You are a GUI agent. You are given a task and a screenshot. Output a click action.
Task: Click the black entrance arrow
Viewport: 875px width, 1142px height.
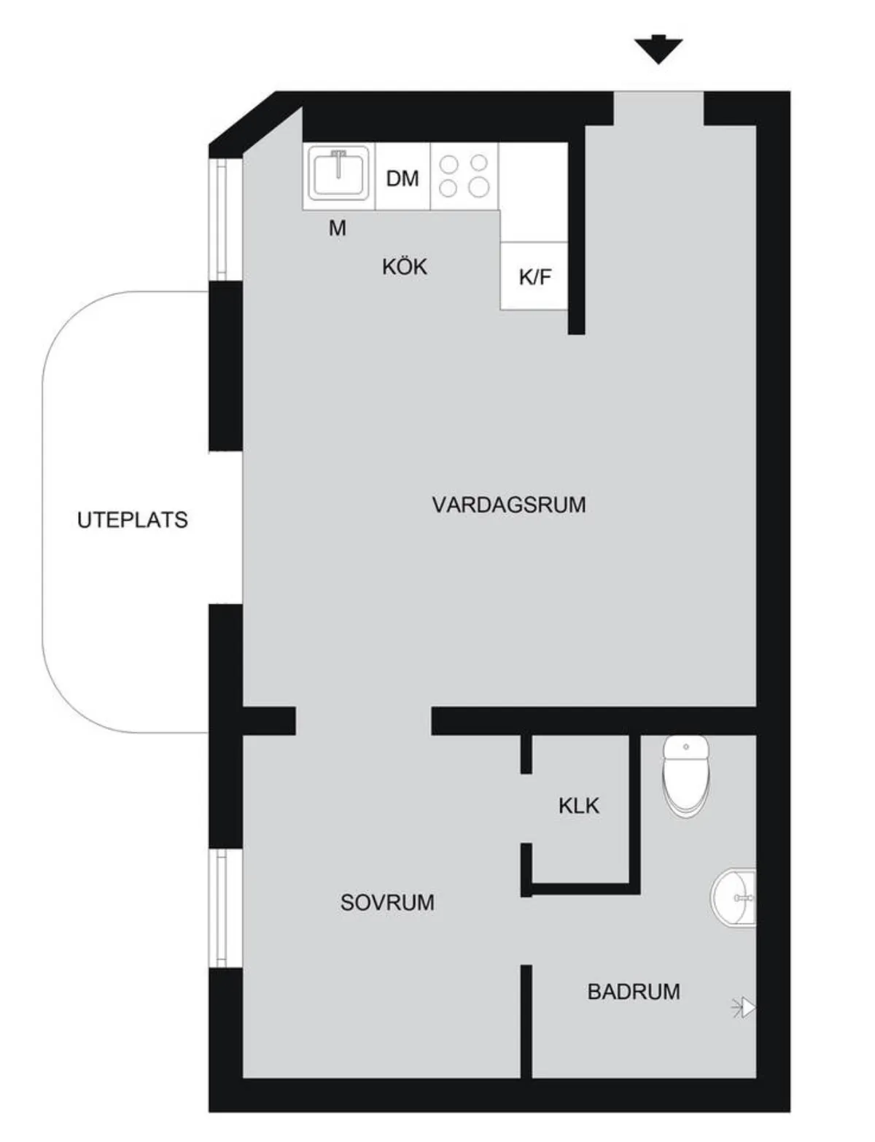pyautogui.click(x=658, y=50)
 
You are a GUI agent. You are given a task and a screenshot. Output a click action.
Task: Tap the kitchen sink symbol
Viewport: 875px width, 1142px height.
pyautogui.click(x=338, y=174)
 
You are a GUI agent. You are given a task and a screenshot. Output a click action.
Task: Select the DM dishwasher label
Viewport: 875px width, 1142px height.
pyautogui.click(x=402, y=179)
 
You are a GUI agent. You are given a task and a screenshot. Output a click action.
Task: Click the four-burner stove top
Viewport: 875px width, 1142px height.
pyautogui.click(x=464, y=176)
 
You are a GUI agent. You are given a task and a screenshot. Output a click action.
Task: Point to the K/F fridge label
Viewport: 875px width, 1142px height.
pyautogui.click(x=535, y=276)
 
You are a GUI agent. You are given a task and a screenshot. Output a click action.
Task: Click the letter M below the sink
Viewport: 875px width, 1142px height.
pyautogui.click(x=338, y=228)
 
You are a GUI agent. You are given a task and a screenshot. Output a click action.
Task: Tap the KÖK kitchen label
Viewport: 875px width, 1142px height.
pyautogui.click(x=404, y=266)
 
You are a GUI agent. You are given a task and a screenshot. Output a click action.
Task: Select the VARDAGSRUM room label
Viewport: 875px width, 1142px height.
pyautogui.click(x=509, y=505)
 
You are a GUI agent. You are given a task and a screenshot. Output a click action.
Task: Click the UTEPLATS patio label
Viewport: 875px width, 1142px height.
pyautogui.click(x=133, y=520)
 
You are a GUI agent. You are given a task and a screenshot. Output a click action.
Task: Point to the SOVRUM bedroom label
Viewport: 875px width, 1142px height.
pyautogui.click(x=387, y=902)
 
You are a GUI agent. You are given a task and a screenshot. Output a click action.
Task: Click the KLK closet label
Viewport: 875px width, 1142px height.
pyautogui.click(x=579, y=806)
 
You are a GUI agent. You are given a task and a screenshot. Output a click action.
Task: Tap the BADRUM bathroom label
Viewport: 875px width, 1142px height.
pyautogui.click(x=634, y=991)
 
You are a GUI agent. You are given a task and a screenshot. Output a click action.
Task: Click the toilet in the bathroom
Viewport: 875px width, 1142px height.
pyautogui.click(x=686, y=776)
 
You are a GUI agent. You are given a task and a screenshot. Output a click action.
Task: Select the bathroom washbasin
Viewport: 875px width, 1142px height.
pyautogui.click(x=734, y=897)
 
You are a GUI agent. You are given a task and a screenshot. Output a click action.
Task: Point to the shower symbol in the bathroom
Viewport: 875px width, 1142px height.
pyautogui.click(x=744, y=1009)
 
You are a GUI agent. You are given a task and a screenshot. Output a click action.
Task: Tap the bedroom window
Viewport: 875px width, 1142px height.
pyautogui.click(x=221, y=909)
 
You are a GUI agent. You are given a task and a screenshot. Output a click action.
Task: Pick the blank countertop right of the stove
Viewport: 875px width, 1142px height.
pyautogui.click(x=534, y=193)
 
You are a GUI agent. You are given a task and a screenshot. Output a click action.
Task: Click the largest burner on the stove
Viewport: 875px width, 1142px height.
pyautogui.click(x=478, y=186)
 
